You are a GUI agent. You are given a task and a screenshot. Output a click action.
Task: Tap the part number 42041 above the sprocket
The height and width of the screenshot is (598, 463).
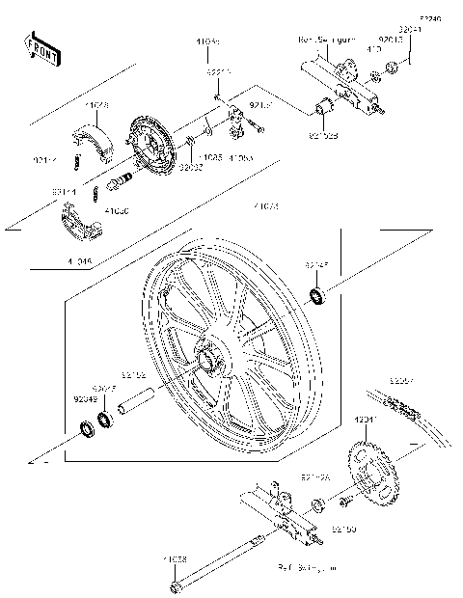(368, 421)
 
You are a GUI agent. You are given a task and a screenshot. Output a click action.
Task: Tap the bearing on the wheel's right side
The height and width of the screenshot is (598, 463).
(317, 294)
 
